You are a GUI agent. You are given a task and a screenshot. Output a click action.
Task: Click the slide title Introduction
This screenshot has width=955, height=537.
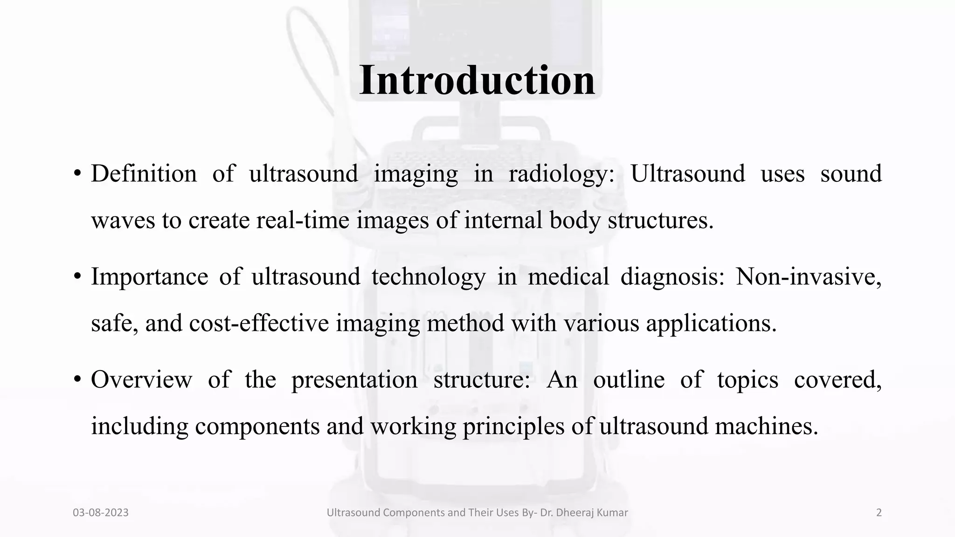(x=477, y=80)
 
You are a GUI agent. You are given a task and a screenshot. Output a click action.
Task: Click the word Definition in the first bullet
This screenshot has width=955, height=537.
(x=144, y=174)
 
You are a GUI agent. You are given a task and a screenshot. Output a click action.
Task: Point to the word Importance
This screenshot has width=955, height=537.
(x=149, y=276)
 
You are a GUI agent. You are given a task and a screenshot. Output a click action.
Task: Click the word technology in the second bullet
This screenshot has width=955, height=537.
(x=428, y=276)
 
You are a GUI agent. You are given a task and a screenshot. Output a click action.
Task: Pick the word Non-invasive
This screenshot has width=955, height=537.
(x=808, y=276)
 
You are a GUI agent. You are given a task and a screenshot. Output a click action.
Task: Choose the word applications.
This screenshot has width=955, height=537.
(x=711, y=323)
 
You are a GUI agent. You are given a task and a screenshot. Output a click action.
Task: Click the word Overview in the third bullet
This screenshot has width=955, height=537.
(x=141, y=379)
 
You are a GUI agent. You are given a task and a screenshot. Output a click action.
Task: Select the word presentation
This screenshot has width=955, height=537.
(x=354, y=379)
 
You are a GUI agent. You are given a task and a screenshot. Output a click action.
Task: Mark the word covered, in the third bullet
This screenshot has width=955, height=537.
(x=837, y=379)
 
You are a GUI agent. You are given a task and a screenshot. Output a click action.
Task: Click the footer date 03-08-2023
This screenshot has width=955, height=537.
(x=101, y=513)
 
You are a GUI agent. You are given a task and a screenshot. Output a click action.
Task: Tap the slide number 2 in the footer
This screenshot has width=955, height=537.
(x=879, y=513)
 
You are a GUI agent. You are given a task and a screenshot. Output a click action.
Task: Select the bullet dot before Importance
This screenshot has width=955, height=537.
(x=77, y=276)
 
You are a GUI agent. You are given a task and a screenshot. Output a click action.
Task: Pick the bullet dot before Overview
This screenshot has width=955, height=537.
(x=77, y=379)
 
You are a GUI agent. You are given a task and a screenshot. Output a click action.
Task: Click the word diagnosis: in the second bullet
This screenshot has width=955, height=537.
(x=672, y=276)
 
